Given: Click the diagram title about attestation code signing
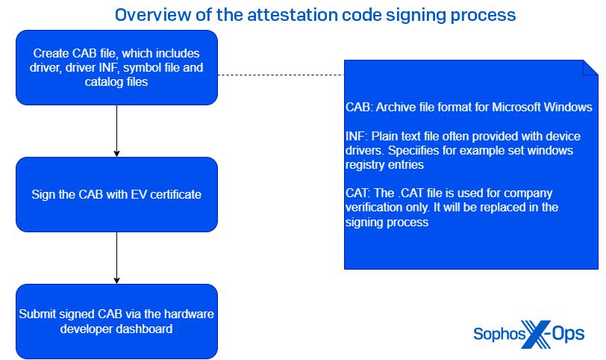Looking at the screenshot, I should (x=316, y=14).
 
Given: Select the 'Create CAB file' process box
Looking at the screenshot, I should (x=116, y=67).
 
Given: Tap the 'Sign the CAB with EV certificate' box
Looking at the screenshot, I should (x=116, y=194).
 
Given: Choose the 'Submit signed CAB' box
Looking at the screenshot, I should (x=116, y=321).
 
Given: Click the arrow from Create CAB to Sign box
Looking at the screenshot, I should (x=116, y=131).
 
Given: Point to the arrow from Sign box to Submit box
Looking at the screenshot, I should (x=116, y=258).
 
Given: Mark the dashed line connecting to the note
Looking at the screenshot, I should (x=280, y=75).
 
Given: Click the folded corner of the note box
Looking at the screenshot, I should (x=590, y=67).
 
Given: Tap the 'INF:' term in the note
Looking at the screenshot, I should (x=356, y=137).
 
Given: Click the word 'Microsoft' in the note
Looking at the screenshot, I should (x=517, y=108).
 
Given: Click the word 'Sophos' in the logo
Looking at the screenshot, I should (x=499, y=334).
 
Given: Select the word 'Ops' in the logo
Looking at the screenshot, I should (x=568, y=334).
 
